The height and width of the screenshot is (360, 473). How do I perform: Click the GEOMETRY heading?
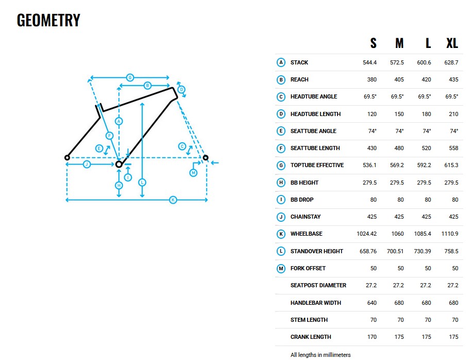(x=48, y=20)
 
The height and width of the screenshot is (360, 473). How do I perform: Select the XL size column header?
(x=452, y=43)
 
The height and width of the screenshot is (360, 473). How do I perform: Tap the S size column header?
(x=374, y=43)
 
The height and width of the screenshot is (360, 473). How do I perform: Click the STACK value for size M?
(x=397, y=62)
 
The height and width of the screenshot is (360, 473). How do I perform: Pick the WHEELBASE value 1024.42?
(x=366, y=234)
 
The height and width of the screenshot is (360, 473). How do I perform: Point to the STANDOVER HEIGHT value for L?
(x=423, y=251)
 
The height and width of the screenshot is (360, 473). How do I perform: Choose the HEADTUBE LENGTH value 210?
(x=453, y=114)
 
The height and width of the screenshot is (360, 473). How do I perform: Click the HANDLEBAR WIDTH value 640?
(x=371, y=303)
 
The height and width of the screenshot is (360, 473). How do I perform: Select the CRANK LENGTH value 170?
(x=371, y=337)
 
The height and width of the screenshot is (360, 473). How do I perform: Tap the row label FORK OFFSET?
(x=308, y=269)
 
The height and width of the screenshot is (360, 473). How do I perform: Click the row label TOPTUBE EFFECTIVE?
(x=317, y=165)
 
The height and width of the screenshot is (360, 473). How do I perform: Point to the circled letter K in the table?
(x=281, y=234)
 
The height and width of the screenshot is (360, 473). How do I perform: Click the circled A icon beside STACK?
(x=281, y=62)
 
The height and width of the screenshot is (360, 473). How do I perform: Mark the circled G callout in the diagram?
(x=130, y=77)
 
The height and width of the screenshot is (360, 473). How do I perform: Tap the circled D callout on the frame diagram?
(x=181, y=89)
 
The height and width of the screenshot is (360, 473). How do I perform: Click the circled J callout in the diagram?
(x=87, y=165)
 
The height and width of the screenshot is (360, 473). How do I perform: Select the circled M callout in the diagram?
(x=193, y=173)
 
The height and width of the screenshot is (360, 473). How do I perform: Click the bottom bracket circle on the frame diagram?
(x=119, y=165)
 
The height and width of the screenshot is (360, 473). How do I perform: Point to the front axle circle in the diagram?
(x=206, y=158)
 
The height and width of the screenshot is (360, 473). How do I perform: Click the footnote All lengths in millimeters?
(x=320, y=355)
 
